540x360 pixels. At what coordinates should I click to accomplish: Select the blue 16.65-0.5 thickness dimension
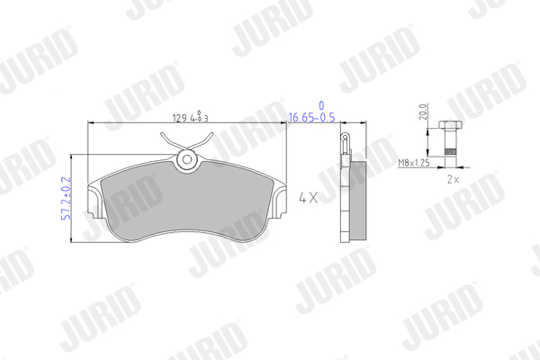click(311, 118)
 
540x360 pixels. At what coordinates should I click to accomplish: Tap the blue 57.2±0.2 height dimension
click(66, 198)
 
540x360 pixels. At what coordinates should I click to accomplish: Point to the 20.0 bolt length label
click(423, 112)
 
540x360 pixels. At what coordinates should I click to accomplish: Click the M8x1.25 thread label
click(414, 163)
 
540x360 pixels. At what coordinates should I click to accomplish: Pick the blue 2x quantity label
click(453, 179)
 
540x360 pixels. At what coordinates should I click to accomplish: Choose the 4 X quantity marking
click(308, 198)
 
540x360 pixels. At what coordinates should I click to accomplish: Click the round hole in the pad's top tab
click(187, 159)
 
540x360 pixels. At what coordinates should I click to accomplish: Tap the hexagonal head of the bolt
click(450, 124)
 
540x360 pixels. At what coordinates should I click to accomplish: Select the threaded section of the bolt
click(450, 152)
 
